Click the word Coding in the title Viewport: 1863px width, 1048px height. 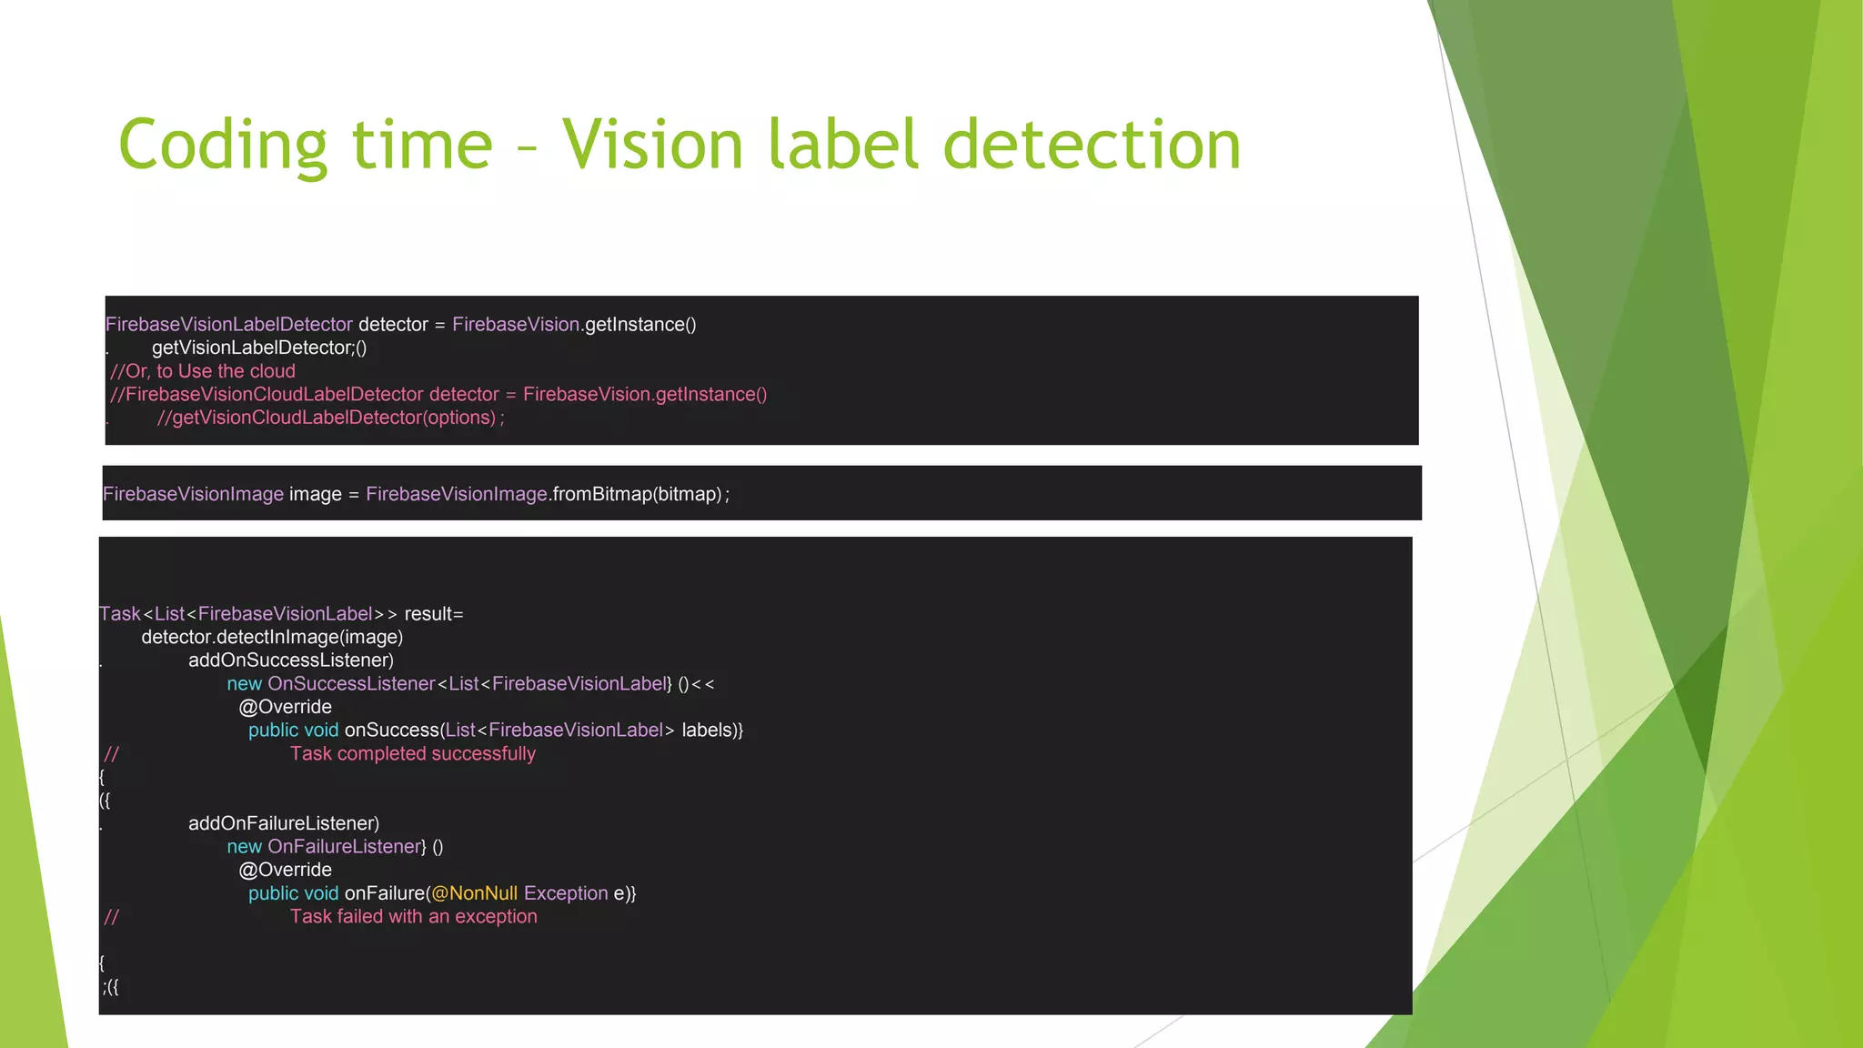222,146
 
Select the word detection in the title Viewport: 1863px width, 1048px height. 1092,146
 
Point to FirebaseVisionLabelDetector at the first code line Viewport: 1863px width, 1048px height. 229,325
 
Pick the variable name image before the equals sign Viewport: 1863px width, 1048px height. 315,494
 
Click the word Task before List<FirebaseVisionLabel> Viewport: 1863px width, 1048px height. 119,614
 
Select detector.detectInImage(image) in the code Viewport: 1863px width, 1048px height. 272,637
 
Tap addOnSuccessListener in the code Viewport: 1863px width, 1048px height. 287,660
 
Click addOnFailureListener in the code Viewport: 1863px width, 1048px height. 281,823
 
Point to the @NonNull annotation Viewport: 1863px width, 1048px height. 474,893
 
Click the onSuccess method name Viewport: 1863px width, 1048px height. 391,731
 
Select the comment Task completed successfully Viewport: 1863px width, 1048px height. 413,753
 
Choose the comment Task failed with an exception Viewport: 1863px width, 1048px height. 414,916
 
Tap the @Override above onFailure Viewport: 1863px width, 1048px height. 286,870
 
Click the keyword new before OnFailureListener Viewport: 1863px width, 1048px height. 244,847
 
